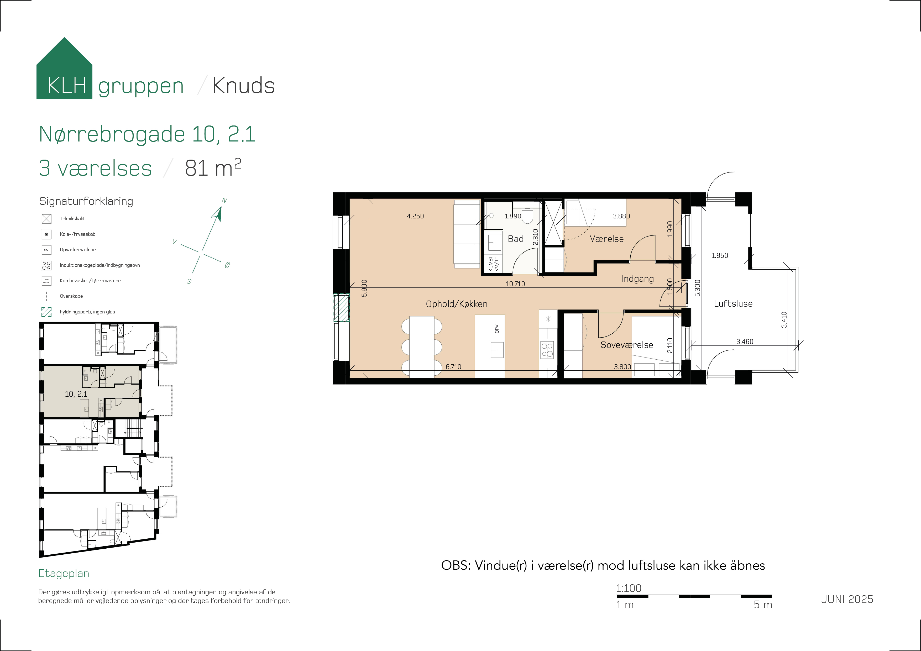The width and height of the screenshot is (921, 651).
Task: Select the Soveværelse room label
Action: point(627,345)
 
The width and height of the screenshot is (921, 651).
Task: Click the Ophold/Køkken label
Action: point(457,304)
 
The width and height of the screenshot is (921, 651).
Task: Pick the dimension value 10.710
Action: point(515,283)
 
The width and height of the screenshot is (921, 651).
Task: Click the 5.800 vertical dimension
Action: point(364,288)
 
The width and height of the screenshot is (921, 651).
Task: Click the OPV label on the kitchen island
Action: point(497,329)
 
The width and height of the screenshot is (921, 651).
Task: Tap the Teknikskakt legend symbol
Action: point(46,219)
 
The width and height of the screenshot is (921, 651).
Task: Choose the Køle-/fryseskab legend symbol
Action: point(46,234)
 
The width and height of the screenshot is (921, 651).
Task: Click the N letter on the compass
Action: point(224,201)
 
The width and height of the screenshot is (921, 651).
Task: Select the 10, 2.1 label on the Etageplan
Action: point(76,394)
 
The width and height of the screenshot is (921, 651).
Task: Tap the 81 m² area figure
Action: point(213,168)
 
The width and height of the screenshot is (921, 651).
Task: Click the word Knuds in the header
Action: point(243,85)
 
